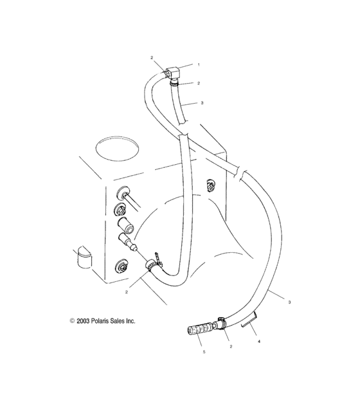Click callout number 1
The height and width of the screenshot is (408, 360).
click(199, 65)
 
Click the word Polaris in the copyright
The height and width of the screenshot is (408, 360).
click(98, 320)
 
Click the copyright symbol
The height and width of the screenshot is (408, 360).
click(65, 320)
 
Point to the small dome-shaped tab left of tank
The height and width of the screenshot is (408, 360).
click(82, 258)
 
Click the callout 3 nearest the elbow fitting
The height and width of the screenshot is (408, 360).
click(202, 103)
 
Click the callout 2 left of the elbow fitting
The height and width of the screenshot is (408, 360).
click(152, 58)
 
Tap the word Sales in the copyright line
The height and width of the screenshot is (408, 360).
click(118, 320)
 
